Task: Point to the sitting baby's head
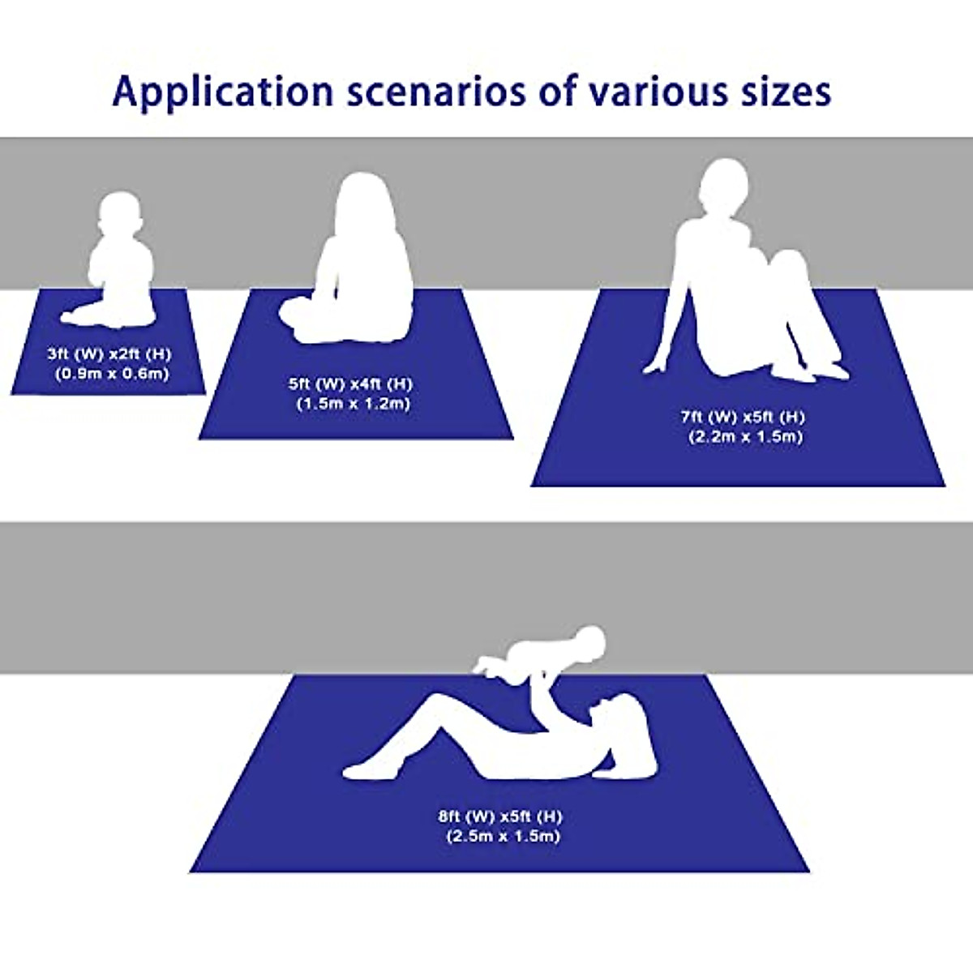pyautogui.click(x=122, y=215)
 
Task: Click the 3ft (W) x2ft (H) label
pyautogui.click(x=109, y=354)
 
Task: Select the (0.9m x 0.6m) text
pyautogui.click(x=112, y=374)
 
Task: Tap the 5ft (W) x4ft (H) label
pyautogui.click(x=350, y=384)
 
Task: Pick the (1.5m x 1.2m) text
pyautogui.click(x=353, y=403)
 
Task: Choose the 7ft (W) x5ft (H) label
pyautogui.click(x=743, y=417)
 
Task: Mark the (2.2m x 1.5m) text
pyautogui.click(x=745, y=436)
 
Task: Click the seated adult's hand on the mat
pyautogui.click(x=653, y=369)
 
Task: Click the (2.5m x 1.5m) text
pyautogui.click(x=502, y=836)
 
